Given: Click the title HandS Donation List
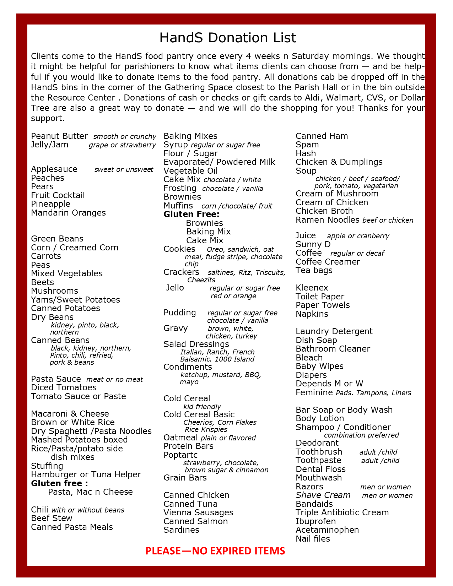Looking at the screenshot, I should [227, 38].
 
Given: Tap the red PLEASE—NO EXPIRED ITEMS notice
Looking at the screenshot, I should [215, 551].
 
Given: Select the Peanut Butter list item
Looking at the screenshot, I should [59, 136].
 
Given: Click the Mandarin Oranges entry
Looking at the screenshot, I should [68, 213].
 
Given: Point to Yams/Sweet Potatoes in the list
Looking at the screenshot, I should [75, 300].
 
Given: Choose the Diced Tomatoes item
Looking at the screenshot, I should [64, 387].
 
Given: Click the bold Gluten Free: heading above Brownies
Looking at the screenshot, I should [192, 214].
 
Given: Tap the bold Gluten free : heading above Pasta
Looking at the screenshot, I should [59, 483].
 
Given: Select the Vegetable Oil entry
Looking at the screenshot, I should [190, 171].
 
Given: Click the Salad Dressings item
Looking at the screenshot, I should [196, 344].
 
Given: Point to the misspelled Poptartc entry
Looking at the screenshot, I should [180, 455].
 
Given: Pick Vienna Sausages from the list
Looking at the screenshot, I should [198, 512].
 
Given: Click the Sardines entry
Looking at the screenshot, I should [181, 530].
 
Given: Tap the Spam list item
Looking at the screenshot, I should [307, 145].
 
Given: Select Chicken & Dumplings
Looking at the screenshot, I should [339, 162].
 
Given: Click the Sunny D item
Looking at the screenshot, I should [313, 244].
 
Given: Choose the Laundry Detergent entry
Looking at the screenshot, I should [334, 331].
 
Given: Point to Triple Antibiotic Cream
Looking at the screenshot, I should [342, 512].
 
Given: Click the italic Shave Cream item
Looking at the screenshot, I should [323, 495].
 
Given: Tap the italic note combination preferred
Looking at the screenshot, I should [361, 435].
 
